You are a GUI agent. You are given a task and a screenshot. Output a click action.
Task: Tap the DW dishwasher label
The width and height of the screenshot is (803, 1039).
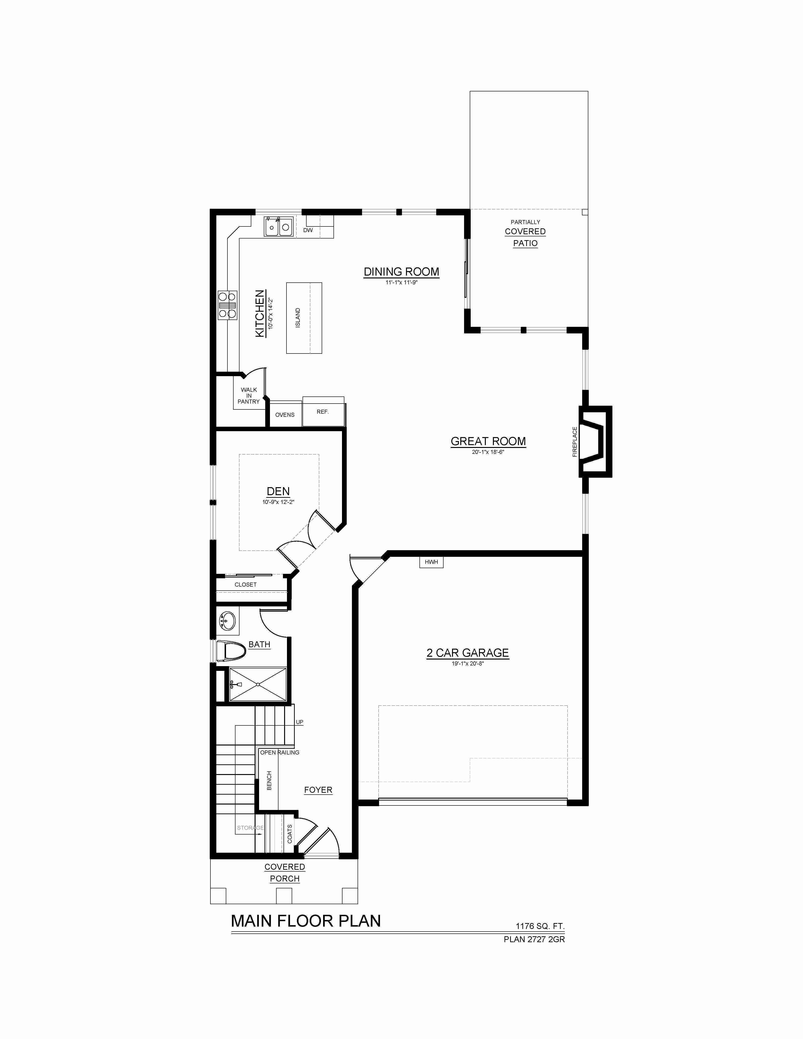pos(308,230)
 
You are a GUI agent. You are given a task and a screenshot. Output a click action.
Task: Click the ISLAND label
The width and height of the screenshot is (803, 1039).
pos(298,318)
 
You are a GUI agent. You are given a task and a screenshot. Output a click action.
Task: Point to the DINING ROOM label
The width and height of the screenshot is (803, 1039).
pos(401,272)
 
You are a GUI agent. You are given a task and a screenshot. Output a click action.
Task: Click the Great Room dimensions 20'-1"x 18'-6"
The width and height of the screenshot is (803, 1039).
pos(488,452)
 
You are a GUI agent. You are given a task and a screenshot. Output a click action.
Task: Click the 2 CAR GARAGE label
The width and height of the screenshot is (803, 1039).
pos(468,653)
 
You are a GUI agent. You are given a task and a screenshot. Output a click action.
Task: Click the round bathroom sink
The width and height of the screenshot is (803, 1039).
pos(227,621)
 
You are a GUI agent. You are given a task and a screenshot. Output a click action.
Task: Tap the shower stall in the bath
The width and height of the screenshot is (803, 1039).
pos(258,684)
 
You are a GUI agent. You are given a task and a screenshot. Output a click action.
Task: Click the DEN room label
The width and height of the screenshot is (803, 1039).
pos(278,491)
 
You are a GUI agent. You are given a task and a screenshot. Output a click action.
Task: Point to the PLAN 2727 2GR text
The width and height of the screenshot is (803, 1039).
pos(534,939)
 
